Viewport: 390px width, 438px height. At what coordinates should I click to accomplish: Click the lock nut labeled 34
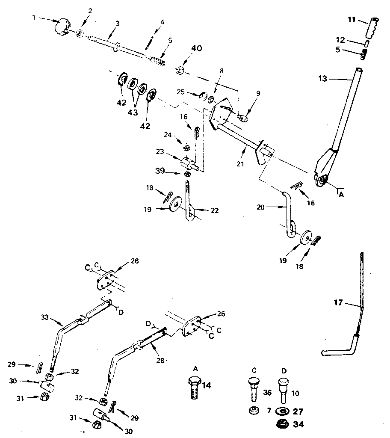tap(283, 425)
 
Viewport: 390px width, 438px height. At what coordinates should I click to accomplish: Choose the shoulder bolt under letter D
tap(283, 389)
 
